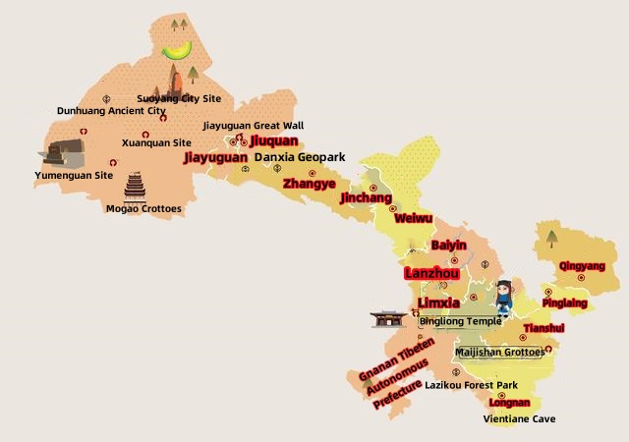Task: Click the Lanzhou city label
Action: [432, 273]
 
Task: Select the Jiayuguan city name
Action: [215, 157]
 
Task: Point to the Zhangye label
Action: [310, 183]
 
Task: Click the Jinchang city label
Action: [365, 197]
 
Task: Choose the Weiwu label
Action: [413, 218]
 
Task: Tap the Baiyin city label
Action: [449, 245]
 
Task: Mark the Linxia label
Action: [438, 303]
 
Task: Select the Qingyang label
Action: [582, 266]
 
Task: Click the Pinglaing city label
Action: [564, 304]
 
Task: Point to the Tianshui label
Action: [543, 328]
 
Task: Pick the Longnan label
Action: [509, 403]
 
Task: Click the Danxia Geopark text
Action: [300, 157]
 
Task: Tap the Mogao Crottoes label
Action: [143, 208]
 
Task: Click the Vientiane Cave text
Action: [519, 419]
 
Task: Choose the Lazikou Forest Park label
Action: [471, 385]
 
